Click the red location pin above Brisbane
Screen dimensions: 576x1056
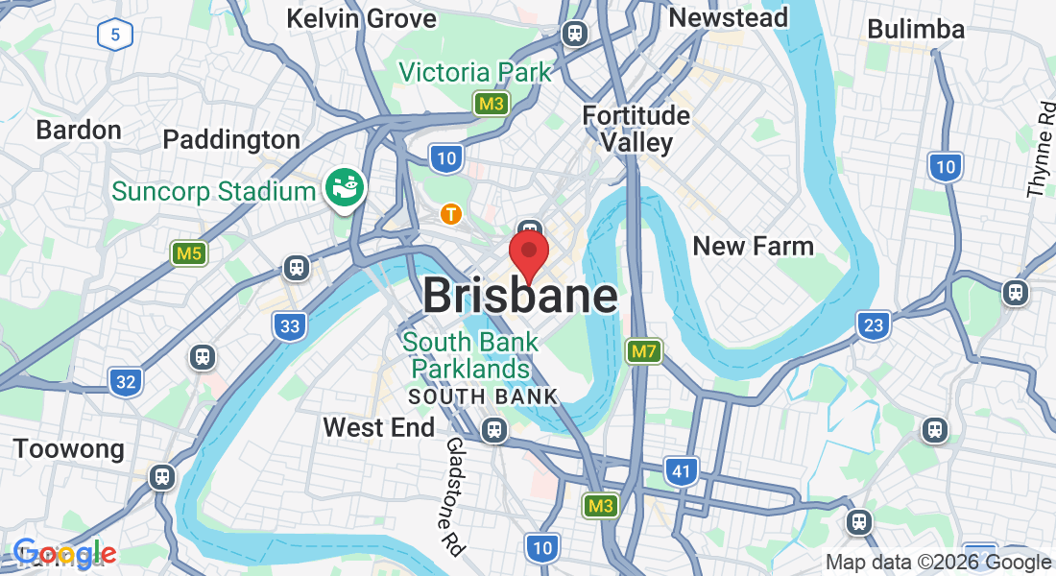click(x=528, y=252)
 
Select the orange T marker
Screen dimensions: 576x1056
click(x=449, y=213)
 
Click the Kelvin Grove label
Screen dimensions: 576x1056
click(x=361, y=18)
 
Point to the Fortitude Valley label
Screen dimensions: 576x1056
click(x=636, y=129)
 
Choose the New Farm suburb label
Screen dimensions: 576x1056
click(x=753, y=246)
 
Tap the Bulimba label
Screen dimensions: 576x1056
click(x=915, y=29)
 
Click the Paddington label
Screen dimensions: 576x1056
click(x=231, y=139)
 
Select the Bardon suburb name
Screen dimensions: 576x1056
click(x=79, y=130)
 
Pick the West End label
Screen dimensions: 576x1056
click(x=378, y=426)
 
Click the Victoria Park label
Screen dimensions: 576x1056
click(x=475, y=72)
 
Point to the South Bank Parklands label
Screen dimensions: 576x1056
click(x=465, y=355)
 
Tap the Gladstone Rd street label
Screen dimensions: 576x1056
click(x=454, y=496)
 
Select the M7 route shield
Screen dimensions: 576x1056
click(x=643, y=351)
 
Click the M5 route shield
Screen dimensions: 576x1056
click(x=189, y=253)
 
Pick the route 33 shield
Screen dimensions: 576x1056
click(x=290, y=326)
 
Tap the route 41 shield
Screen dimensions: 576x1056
click(x=681, y=470)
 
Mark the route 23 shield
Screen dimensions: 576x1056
click(x=873, y=325)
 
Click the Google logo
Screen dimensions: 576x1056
click(x=65, y=554)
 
